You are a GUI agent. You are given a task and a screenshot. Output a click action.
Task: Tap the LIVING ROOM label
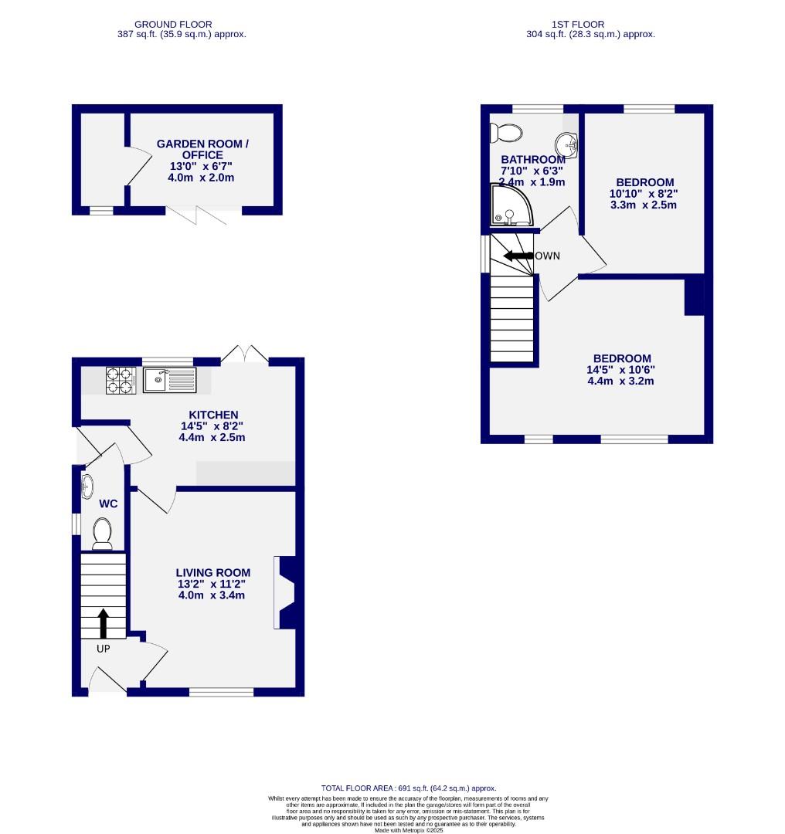pyautogui.click(x=213, y=572)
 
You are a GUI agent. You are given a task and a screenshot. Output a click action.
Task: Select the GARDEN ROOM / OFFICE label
pyautogui.click(x=202, y=150)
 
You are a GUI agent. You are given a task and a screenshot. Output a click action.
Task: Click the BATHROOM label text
pyautogui.click(x=533, y=160)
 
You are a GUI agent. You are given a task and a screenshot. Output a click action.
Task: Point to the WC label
pyautogui.click(x=108, y=503)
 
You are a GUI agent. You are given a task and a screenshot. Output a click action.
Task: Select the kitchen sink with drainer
pyautogui.click(x=170, y=379)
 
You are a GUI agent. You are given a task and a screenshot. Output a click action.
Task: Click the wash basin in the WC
pyautogui.click(x=88, y=486)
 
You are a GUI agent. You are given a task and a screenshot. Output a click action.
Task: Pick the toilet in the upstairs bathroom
pyautogui.click(x=507, y=132)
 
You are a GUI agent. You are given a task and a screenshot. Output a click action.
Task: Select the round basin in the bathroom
pyautogui.click(x=566, y=143)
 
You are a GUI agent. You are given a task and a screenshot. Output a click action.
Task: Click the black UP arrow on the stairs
pyautogui.click(x=103, y=622)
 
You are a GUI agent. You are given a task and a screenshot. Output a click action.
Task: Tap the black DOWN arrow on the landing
pyautogui.click(x=518, y=256)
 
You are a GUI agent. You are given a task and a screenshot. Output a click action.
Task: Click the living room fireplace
pyautogui.click(x=285, y=592)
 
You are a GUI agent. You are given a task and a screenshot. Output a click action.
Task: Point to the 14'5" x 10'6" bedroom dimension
pyautogui.click(x=621, y=369)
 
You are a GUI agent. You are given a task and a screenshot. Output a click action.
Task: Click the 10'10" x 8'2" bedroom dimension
pyautogui.click(x=644, y=194)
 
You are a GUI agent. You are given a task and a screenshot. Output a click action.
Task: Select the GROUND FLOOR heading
pyautogui.click(x=172, y=25)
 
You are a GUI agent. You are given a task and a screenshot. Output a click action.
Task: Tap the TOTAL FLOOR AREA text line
pyautogui.click(x=409, y=788)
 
